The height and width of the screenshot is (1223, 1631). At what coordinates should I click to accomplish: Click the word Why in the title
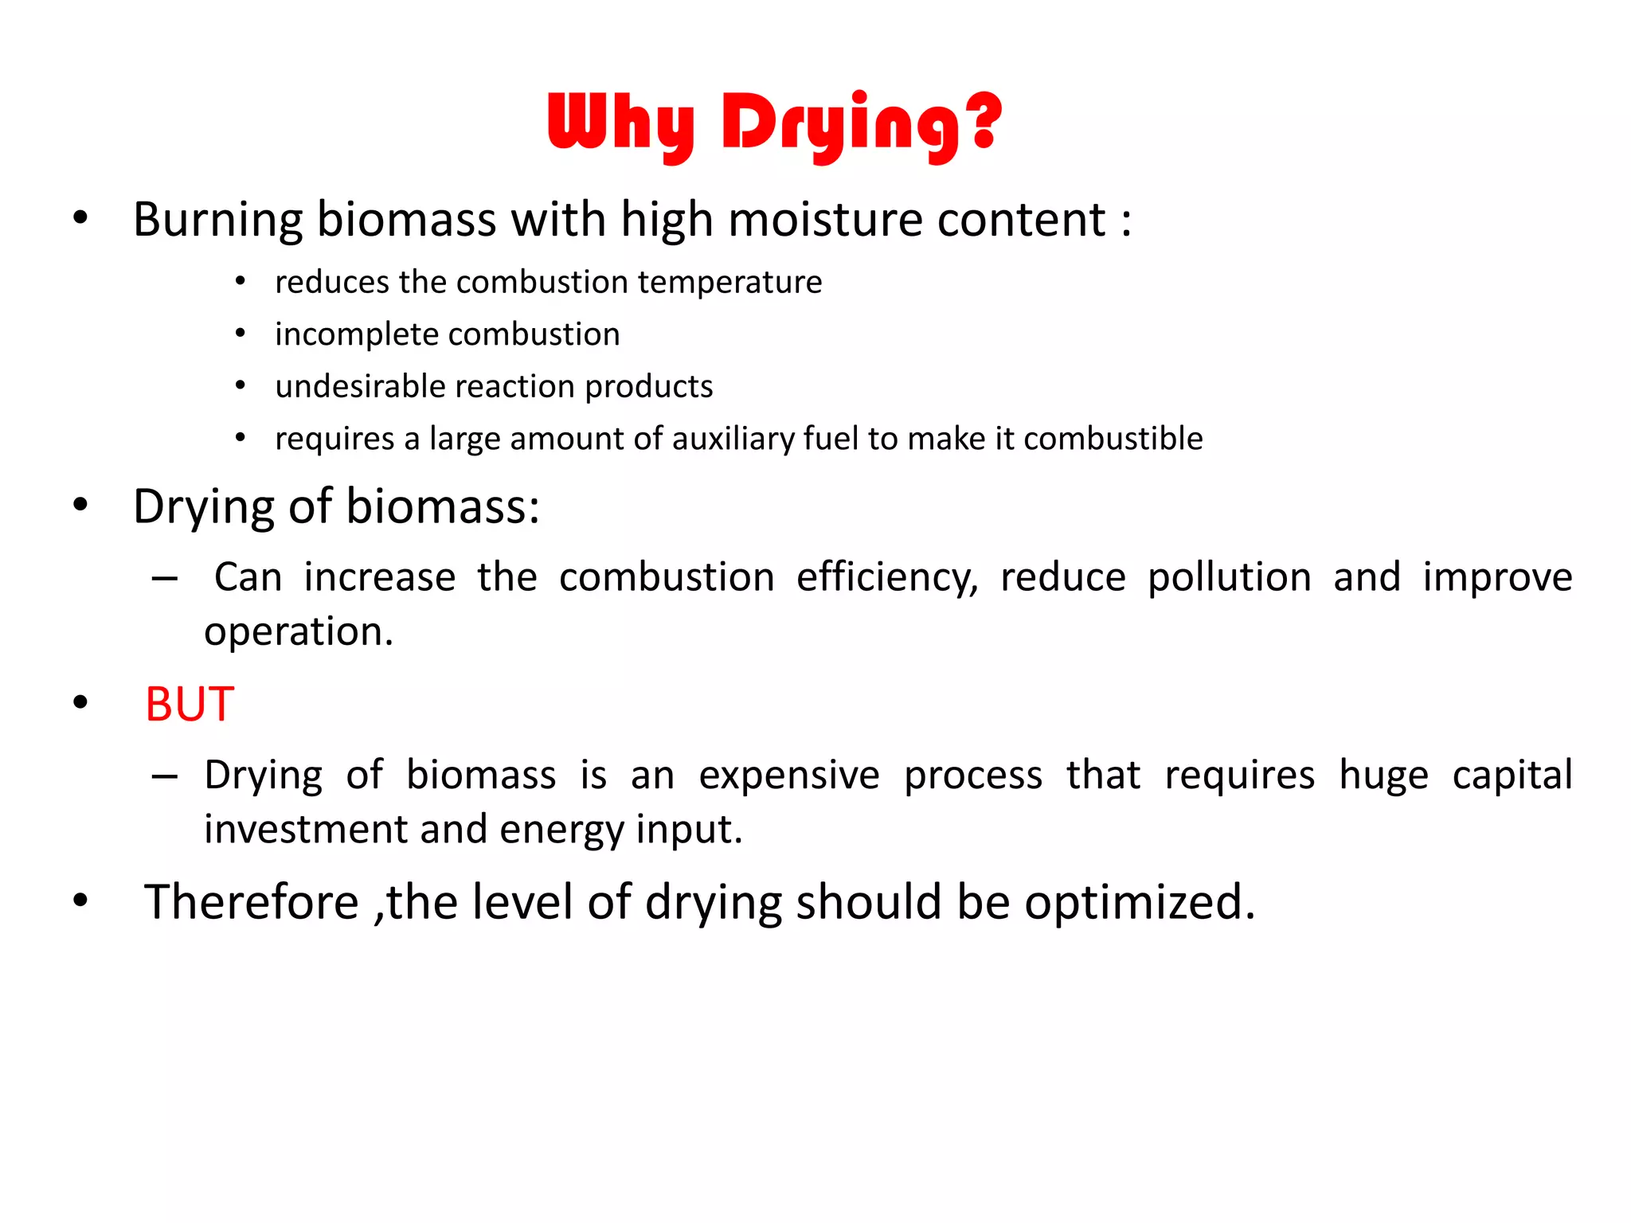(x=620, y=123)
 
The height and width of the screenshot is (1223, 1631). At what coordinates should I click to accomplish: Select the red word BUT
(x=190, y=704)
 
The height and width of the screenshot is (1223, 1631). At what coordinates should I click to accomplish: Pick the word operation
(x=298, y=632)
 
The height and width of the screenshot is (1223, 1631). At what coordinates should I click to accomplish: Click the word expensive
(x=789, y=775)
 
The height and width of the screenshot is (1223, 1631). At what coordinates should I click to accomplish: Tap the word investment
(x=306, y=830)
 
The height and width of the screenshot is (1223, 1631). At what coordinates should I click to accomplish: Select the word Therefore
(x=252, y=902)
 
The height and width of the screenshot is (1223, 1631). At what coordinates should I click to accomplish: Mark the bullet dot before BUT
(x=80, y=702)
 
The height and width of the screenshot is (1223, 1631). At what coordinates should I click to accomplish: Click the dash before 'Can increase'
(x=164, y=578)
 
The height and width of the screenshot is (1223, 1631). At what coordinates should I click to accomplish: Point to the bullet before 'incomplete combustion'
(x=241, y=334)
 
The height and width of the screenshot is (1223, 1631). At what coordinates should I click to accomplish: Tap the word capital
(x=1512, y=775)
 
